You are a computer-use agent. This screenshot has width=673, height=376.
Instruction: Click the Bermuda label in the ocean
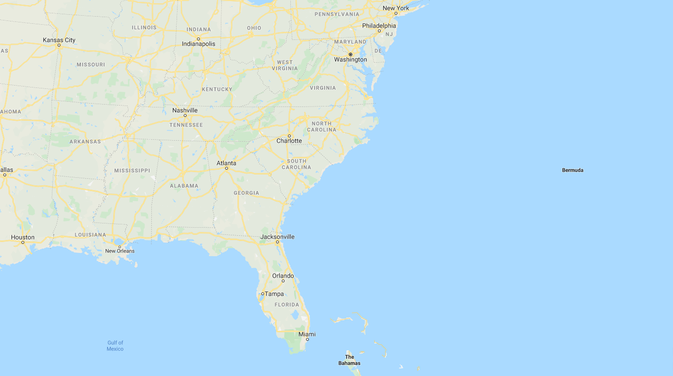(572, 170)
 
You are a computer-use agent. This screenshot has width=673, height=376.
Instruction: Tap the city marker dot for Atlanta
(227, 168)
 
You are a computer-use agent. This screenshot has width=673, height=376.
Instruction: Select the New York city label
(396, 8)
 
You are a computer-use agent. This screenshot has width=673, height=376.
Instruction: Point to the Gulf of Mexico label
(115, 346)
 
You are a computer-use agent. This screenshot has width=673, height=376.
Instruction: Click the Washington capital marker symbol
(350, 54)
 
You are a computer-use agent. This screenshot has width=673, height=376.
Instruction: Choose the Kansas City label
(59, 40)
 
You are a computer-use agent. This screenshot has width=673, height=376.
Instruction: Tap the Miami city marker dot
(307, 339)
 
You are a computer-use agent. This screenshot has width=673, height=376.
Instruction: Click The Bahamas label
(349, 360)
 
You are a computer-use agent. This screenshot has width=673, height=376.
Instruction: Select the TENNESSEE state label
(186, 125)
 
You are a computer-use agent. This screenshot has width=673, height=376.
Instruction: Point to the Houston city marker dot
(23, 242)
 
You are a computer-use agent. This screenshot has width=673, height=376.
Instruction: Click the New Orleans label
(119, 251)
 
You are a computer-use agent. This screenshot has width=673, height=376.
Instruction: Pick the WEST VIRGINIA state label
(285, 65)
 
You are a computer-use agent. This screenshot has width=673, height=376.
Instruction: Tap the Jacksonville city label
(277, 237)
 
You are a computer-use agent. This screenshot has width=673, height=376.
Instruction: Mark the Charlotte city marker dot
(289, 135)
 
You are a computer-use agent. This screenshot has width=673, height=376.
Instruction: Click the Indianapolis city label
(198, 44)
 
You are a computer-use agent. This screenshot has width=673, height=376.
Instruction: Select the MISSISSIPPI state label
(132, 170)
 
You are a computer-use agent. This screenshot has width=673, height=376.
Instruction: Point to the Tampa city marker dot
(262, 294)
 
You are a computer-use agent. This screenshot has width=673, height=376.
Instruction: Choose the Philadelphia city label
(379, 26)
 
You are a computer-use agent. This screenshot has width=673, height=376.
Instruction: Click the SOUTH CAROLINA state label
(296, 164)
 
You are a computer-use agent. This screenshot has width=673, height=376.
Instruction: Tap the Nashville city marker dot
(185, 116)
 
